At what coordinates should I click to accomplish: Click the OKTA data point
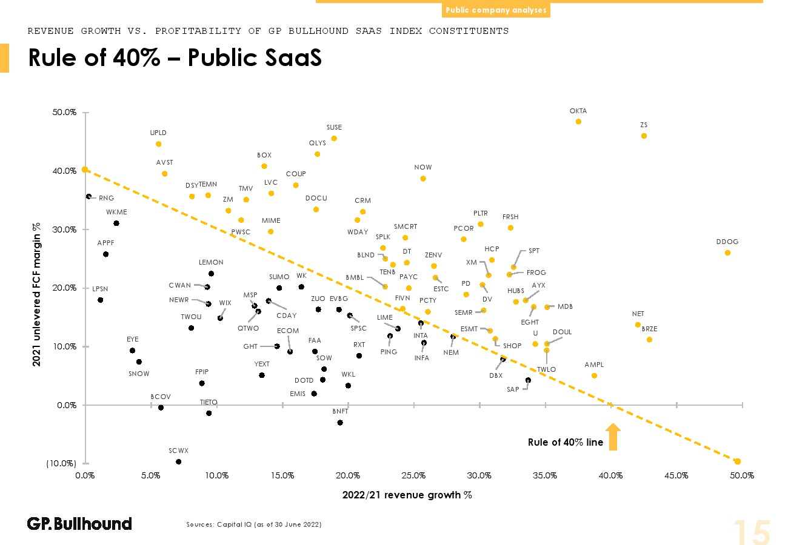[578, 122]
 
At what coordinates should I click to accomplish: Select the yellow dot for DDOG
[727, 253]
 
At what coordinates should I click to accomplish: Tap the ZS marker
[644, 136]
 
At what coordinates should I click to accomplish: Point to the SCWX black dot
[178, 461]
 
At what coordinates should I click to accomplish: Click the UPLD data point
[158, 144]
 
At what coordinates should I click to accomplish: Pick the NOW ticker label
[423, 167]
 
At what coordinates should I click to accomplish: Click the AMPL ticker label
[594, 365]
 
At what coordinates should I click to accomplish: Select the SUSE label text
[334, 128]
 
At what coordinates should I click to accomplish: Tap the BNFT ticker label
[340, 411]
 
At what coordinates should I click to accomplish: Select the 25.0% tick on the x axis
[413, 476]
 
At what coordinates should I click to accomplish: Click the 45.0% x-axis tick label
[676, 476]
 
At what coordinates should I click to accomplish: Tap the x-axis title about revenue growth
[407, 495]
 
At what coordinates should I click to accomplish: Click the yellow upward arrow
[613, 437]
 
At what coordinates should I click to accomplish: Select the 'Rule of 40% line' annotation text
[566, 443]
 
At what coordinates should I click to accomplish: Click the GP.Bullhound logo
[79, 524]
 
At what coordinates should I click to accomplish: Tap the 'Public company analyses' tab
[496, 10]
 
